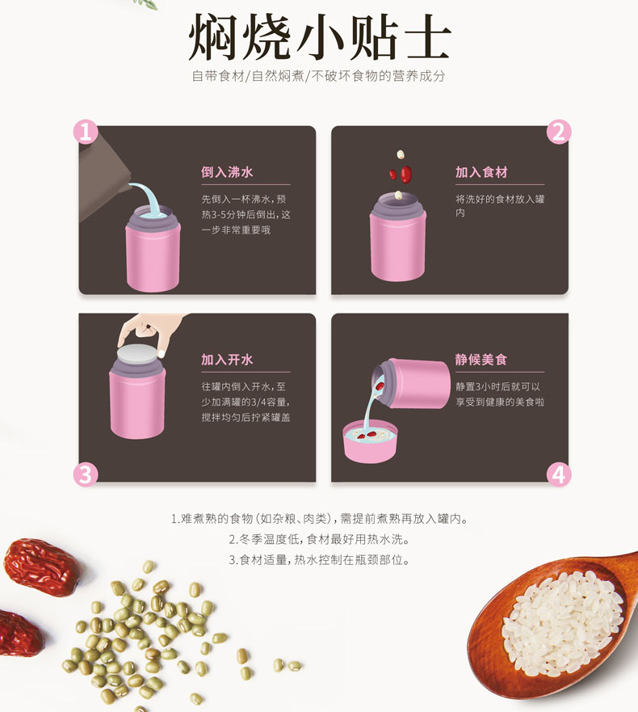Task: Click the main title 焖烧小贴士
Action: [x=320, y=36]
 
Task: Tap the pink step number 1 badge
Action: [x=86, y=132]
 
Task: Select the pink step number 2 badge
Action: [x=559, y=132]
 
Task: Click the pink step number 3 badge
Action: [x=86, y=474]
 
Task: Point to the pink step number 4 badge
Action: [x=559, y=474]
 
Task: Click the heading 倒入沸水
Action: [x=227, y=172]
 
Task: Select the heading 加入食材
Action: [x=481, y=172]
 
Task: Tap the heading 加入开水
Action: [x=227, y=360]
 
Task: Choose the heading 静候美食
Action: [x=481, y=360]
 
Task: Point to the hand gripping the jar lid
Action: [x=149, y=331]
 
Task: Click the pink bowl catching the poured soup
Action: [x=370, y=442]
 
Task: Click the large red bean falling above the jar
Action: [x=405, y=174]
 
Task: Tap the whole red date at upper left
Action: [x=42, y=567]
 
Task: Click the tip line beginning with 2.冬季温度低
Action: [x=320, y=539]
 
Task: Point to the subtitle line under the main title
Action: [x=318, y=76]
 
